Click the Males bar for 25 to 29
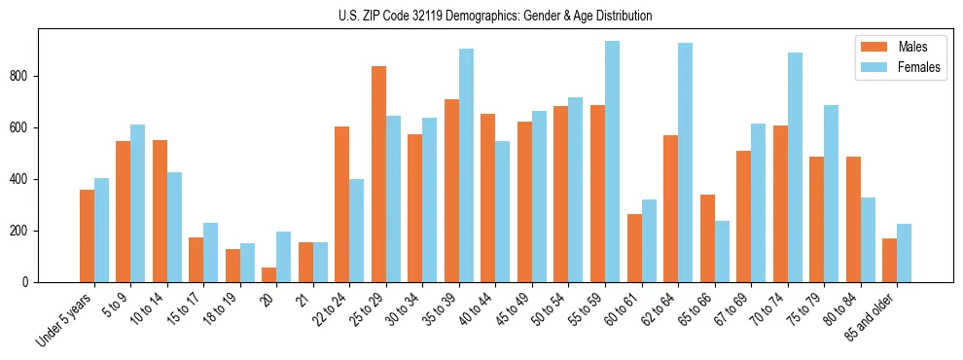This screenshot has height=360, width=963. pyautogui.click(x=378, y=174)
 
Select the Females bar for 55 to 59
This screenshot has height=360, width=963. pyautogui.click(x=612, y=162)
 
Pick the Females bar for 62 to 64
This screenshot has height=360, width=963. pyautogui.click(x=685, y=162)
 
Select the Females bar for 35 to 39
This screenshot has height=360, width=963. pyautogui.click(x=466, y=165)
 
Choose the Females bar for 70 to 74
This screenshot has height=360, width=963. pyautogui.click(x=795, y=167)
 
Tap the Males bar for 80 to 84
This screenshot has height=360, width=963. pyautogui.click(x=853, y=219)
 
